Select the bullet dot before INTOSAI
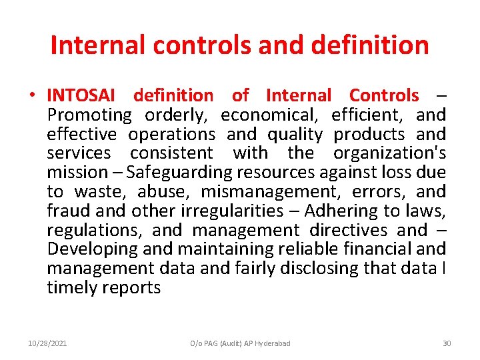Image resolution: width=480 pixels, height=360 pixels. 32,96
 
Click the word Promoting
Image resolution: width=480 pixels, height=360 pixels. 89,115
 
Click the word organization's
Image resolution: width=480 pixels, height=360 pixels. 389,153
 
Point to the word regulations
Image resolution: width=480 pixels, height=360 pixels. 94,230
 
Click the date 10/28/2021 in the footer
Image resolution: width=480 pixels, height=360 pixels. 47,343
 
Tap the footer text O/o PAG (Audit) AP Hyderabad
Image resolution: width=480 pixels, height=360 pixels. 240,343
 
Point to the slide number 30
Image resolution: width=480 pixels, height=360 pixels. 447,343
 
